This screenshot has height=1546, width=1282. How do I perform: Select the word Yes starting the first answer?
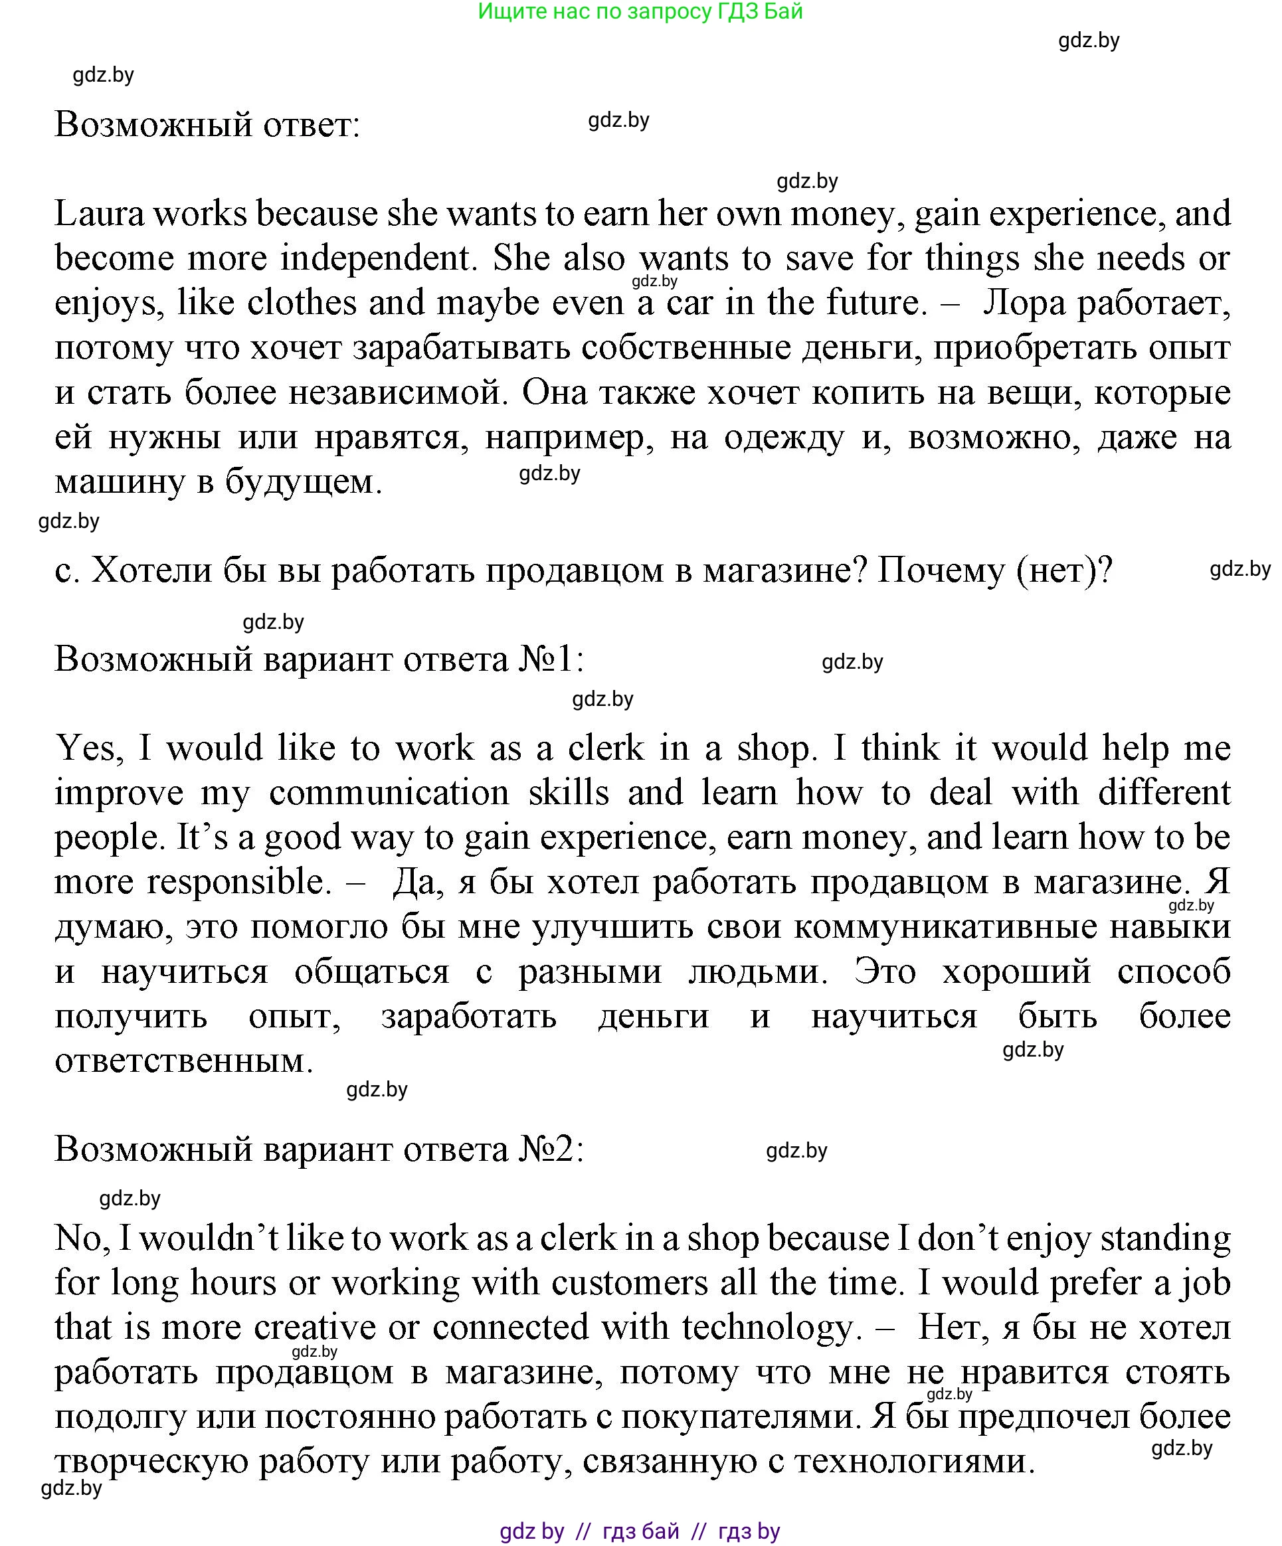(86, 748)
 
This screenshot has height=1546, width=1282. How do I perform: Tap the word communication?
(389, 793)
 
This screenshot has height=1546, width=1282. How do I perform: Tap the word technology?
(767, 1328)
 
